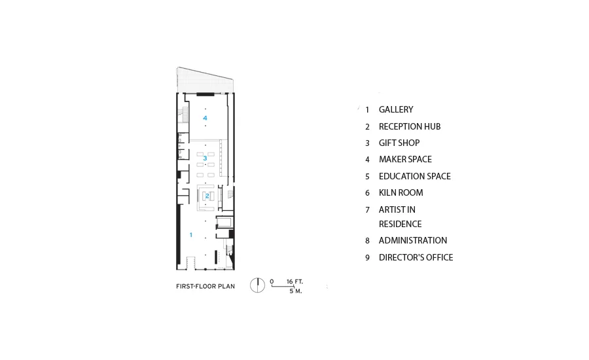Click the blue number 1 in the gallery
pos(191,235)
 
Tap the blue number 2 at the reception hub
pos(207,196)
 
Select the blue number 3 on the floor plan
pos(205,158)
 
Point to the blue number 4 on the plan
pos(205,118)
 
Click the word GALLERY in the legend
pos(396,109)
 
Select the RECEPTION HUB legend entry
pos(410,126)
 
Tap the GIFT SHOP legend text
pos(399,143)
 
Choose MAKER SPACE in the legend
pos(405,159)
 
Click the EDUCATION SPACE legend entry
pos(415,176)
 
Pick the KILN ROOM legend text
pos(401,192)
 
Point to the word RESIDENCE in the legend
pos(400,224)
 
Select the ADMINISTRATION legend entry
pos(413,240)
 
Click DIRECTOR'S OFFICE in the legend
pos(416,257)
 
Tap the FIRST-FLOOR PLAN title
pos(205,286)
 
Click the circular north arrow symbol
pos(258,285)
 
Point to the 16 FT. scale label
pos(294,281)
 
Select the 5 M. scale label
pos(296,291)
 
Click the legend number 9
pos(367,258)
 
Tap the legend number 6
pos(367,193)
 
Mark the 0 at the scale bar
pos(272,281)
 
